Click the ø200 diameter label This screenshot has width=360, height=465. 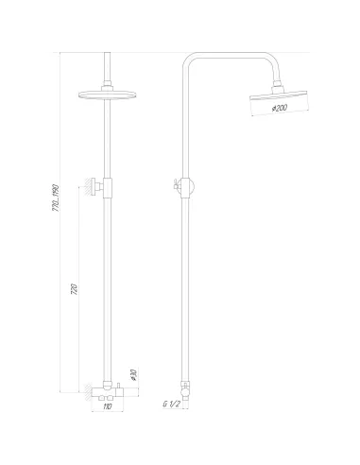[280, 109]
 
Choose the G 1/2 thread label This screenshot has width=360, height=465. [172, 405]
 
